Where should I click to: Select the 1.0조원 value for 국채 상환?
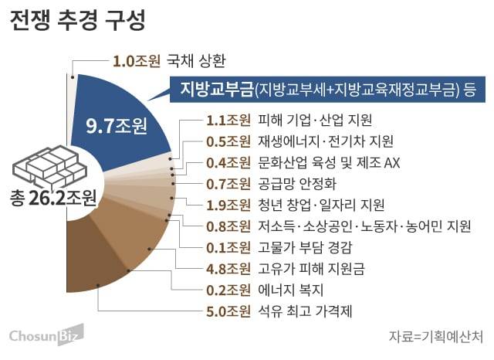click(134, 59)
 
